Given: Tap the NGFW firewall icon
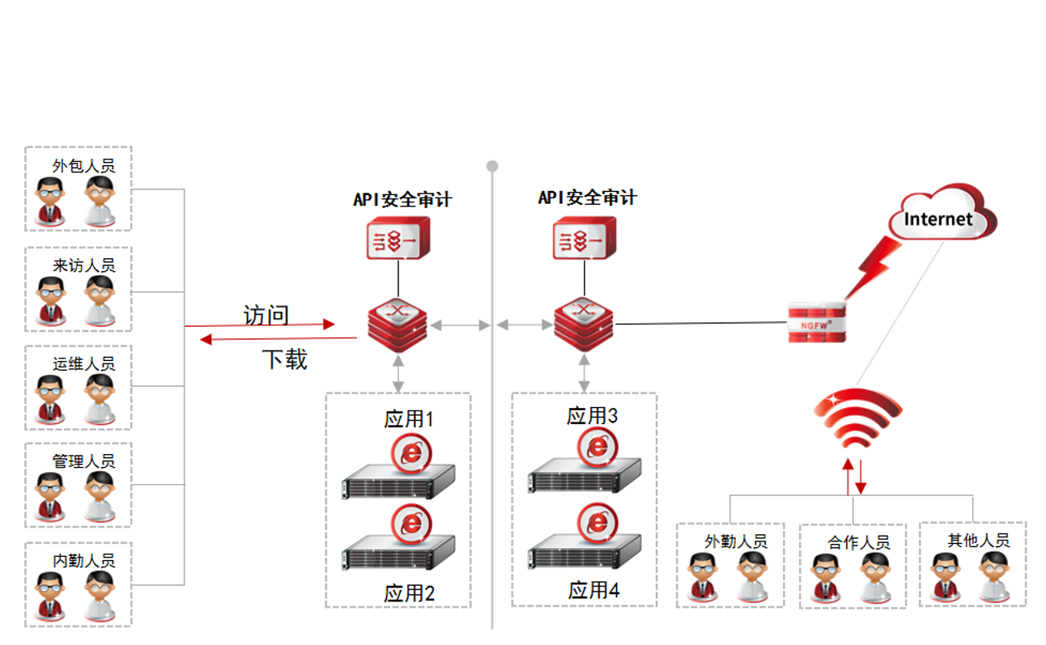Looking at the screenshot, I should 817,322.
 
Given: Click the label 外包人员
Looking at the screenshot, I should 83,166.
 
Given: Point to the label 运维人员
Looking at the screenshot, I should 83,363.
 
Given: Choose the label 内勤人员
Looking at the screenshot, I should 83,560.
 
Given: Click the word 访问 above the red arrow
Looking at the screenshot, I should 266,315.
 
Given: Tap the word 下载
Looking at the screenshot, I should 284,359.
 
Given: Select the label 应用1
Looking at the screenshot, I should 409,419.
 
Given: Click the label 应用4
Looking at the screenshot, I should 593,590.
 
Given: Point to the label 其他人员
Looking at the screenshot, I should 979,540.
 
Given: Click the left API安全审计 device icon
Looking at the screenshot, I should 398,239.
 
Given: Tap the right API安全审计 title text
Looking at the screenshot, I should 587,197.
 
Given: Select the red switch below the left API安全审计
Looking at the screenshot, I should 398,325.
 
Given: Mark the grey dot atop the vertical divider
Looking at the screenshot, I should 492,166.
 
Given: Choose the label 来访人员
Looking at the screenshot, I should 83,265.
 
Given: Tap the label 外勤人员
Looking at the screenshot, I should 735,541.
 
